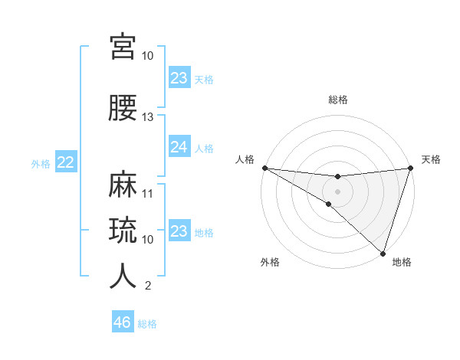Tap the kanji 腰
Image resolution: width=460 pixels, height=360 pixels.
pos(123,108)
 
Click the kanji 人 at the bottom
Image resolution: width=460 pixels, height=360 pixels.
pos(123,277)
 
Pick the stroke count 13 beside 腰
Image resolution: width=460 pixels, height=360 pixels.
pos(148,117)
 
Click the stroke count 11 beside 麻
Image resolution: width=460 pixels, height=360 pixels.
pos(148,193)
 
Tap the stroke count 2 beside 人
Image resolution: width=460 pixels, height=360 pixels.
pos(148,286)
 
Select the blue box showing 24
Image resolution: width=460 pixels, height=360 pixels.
pos(179,147)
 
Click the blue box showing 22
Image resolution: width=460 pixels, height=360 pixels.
pos(65,162)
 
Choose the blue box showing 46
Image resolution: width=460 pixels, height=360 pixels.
pos(122,322)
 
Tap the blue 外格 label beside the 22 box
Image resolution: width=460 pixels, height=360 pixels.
pos(41,163)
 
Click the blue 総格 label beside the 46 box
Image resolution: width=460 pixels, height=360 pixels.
pos(147,324)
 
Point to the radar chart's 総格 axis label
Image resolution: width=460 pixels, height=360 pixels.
pos(337,100)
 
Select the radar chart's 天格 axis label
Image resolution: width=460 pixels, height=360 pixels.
pos(432,159)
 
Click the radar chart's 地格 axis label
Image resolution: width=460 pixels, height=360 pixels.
pos(402,263)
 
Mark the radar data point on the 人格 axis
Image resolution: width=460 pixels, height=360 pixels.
pos(264,167)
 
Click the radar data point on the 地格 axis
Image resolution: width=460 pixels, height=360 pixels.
pos(382,252)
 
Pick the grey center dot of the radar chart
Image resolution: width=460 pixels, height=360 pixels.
pos(337,191)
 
